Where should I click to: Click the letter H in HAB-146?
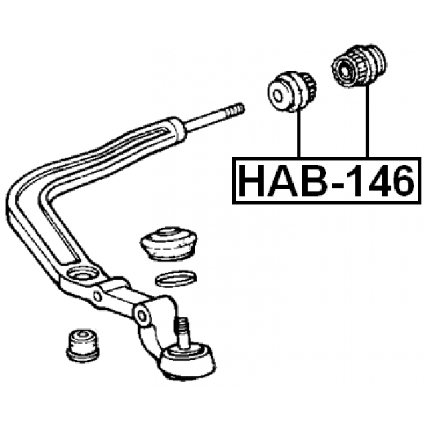(252, 180)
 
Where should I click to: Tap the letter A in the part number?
(280, 180)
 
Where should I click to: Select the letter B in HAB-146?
(309, 180)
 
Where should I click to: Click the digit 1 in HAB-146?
(352, 180)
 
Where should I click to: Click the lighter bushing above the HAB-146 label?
(292, 91)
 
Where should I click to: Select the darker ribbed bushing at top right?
(358, 68)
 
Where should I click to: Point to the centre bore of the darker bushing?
(346, 68)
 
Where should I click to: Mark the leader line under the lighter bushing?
(300, 133)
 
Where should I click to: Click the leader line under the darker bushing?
(366, 123)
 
